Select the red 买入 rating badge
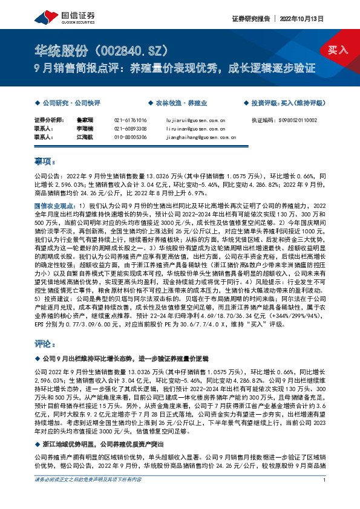tap(336, 49)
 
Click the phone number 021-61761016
tap(130, 120)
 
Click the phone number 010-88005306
tap(130, 137)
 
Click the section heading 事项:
tap(44, 161)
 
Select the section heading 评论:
tap(44, 343)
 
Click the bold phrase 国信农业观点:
tap(55, 206)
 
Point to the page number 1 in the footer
tap(325, 497)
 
